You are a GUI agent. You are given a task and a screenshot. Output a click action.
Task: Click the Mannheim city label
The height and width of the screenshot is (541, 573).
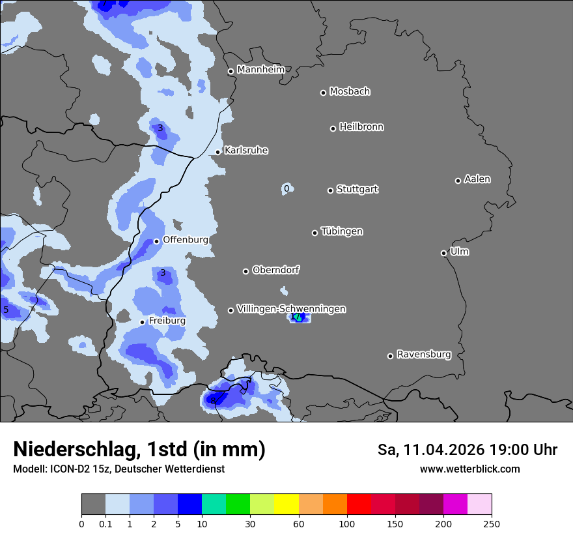click(261, 70)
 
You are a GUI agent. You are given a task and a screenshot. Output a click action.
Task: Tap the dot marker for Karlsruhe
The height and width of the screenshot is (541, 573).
click(218, 153)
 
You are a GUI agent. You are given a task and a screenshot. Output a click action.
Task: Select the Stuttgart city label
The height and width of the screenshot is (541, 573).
click(357, 190)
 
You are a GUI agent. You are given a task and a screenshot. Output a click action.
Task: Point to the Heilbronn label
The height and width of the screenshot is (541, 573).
click(361, 127)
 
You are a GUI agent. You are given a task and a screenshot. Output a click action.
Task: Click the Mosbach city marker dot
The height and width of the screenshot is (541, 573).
click(323, 93)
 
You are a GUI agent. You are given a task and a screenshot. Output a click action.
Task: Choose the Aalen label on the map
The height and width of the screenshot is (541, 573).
click(477, 179)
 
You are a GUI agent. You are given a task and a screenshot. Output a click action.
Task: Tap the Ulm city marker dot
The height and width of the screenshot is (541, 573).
click(443, 253)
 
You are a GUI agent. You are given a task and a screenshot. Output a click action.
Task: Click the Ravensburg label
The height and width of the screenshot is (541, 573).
click(424, 355)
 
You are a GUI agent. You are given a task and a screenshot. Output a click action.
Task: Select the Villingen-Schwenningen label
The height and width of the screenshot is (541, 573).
click(291, 309)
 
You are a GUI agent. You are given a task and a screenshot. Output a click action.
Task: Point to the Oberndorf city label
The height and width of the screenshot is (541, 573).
click(276, 270)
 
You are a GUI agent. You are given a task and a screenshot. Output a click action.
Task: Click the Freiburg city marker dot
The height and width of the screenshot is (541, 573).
click(142, 322)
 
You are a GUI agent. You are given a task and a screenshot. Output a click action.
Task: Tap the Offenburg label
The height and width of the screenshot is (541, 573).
click(186, 240)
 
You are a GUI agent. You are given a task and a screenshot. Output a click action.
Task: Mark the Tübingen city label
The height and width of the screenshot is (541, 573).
click(342, 231)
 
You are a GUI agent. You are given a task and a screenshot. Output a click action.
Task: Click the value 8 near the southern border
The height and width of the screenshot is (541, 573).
click(213, 400)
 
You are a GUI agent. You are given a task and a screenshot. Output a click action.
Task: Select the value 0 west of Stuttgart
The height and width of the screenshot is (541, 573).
click(286, 189)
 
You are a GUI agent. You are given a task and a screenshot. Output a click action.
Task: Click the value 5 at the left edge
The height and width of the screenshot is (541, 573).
click(6, 310)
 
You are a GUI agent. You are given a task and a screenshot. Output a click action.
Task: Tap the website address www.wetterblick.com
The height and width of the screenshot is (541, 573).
click(469, 469)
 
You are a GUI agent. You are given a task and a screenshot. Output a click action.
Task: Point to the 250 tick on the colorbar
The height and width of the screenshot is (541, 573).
click(492, 524)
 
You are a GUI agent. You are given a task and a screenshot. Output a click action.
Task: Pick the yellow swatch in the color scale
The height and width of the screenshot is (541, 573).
click(286, 504)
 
